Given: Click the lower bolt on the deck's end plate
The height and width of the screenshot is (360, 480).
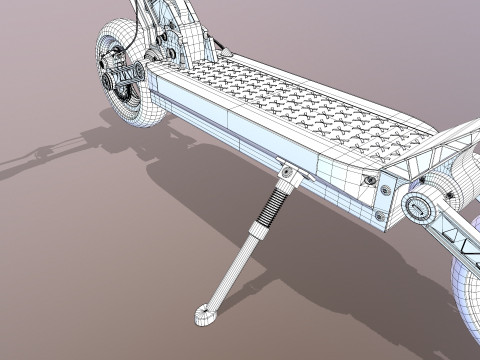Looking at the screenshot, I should [x=381, y=214].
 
